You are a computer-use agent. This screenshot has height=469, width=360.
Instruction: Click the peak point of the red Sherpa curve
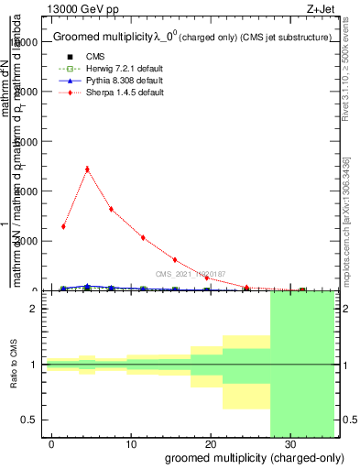(87, 169)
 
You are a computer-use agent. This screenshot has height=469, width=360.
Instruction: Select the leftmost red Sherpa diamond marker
(63, 226)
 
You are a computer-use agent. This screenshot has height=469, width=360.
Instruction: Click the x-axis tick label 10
(132, 443)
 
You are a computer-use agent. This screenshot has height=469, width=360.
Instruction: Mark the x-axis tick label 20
(210, 443)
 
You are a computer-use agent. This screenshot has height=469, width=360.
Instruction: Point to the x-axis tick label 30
(289, 443)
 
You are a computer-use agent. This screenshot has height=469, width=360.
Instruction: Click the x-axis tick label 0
(53, 443)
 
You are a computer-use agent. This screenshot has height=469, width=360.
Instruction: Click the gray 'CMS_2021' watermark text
(191, 274)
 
